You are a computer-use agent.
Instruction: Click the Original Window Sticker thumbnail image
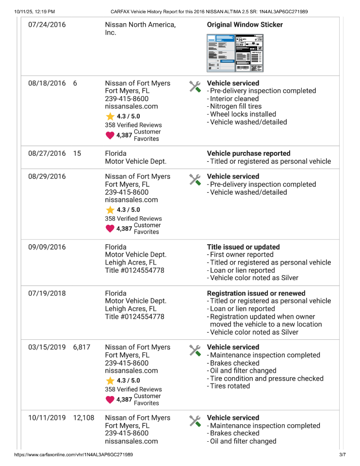pos(235,53)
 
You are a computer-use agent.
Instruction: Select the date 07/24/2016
pos(47,25)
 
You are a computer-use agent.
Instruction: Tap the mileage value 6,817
pos(82,347)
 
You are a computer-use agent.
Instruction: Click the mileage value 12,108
pos(84,417)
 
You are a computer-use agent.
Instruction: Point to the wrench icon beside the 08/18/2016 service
pos(195,86)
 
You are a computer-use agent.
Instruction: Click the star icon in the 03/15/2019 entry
pos(110,381)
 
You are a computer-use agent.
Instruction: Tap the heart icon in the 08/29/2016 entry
pos(110,228)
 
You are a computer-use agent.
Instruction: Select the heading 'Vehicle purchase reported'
pos(248,153)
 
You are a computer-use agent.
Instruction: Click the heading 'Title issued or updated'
pos(243,247)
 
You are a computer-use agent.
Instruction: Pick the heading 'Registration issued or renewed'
pos(256,293)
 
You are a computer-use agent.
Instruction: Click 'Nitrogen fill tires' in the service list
pos(235,106)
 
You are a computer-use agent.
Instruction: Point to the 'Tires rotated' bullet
pos(229,386)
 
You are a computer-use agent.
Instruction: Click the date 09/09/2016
pos(47,247)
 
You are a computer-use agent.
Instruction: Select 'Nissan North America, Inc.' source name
pos(140,29)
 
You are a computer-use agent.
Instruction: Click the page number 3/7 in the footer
pos(342,455)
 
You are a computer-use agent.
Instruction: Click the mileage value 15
pos(77,153)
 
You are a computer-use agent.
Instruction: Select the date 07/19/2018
pos(47,293)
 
